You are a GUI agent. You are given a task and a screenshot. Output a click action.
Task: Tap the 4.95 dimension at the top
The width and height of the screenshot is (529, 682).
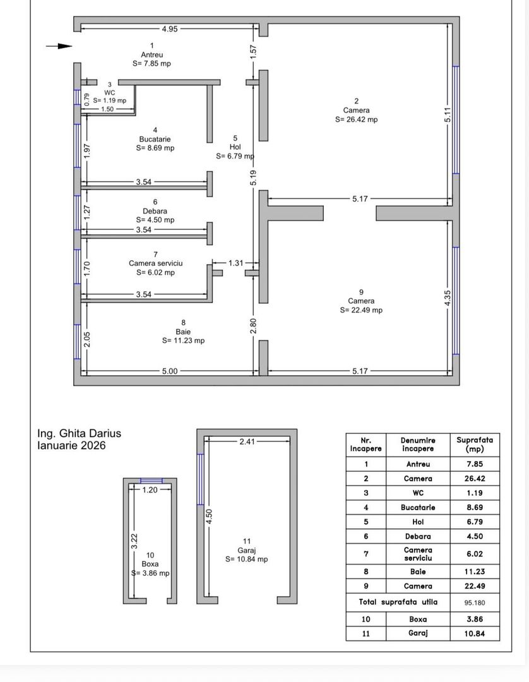(169, 28)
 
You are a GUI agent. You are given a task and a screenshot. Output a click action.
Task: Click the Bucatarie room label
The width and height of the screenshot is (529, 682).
(155, 139)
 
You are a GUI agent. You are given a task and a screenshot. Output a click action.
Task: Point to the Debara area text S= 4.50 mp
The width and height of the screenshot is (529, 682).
(155, 220)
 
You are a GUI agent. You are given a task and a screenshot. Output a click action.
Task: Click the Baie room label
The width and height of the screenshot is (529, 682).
(183, 331)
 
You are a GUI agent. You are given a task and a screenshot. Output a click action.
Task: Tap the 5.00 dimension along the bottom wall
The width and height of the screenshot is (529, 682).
(169, 371)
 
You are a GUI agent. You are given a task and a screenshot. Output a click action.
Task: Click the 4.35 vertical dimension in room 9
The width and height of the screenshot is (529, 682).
(448, 299)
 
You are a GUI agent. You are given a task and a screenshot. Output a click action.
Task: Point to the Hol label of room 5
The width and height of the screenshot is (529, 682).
(235, 147)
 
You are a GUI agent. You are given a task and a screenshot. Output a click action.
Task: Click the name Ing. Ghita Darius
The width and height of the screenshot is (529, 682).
(79, 434)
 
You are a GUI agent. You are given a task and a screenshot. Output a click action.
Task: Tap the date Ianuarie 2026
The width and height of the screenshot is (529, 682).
(71, 445)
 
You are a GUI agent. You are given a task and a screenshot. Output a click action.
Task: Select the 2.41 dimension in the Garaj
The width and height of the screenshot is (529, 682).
(247, 441)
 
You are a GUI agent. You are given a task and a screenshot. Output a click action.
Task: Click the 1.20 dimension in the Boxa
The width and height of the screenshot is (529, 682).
(150, 489)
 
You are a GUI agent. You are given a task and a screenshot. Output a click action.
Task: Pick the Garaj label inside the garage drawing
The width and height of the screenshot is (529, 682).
(247, 550)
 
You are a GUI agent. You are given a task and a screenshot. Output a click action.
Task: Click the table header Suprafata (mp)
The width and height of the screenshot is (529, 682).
(474, 444)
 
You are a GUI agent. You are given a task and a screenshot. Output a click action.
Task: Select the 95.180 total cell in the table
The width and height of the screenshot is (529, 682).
(474, 602)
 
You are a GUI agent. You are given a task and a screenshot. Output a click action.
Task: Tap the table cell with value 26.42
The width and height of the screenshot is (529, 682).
(474, 479)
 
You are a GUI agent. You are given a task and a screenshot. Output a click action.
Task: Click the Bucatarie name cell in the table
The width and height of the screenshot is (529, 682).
(419, 507)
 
